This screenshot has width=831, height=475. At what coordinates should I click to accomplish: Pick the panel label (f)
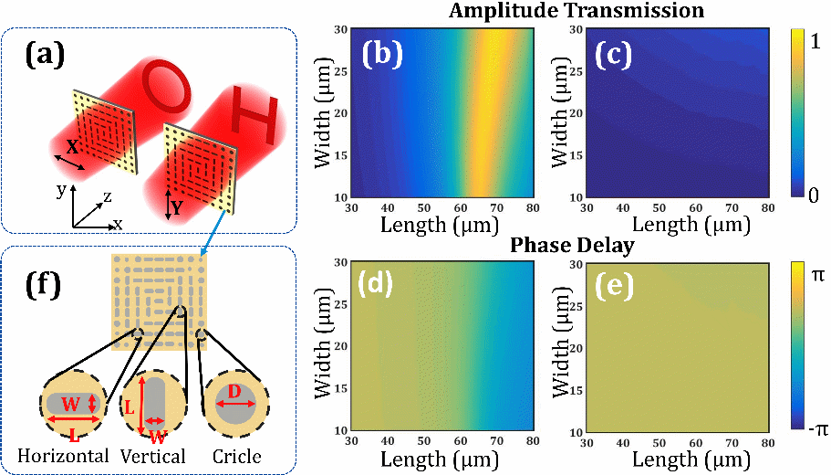pyautogui.click(x=45, y=285)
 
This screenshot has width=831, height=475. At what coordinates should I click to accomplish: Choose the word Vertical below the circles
pyautogui.click(x=152, y=456)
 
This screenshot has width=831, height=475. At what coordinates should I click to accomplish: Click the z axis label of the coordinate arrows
pyautogui.click(x=108, y=195)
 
